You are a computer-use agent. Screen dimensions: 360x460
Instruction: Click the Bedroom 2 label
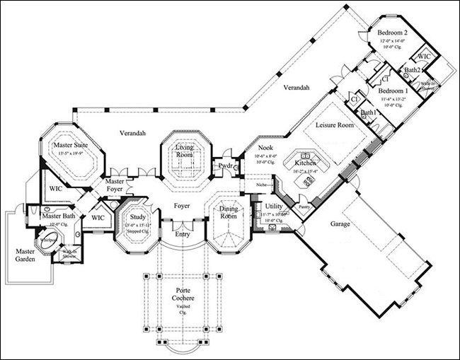pyautogui.click(x=392, y=33)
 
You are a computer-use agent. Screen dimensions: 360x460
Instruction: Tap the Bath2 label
pyautogui.click(x=413, y=70)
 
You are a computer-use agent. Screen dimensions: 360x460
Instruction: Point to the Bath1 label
pyautogui.click(x=368, y=112)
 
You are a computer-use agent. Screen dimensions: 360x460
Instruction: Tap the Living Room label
pyautogui.click(x=185, y=150)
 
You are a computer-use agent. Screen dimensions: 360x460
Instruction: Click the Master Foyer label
pyautogui.click(x=115, y=186)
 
